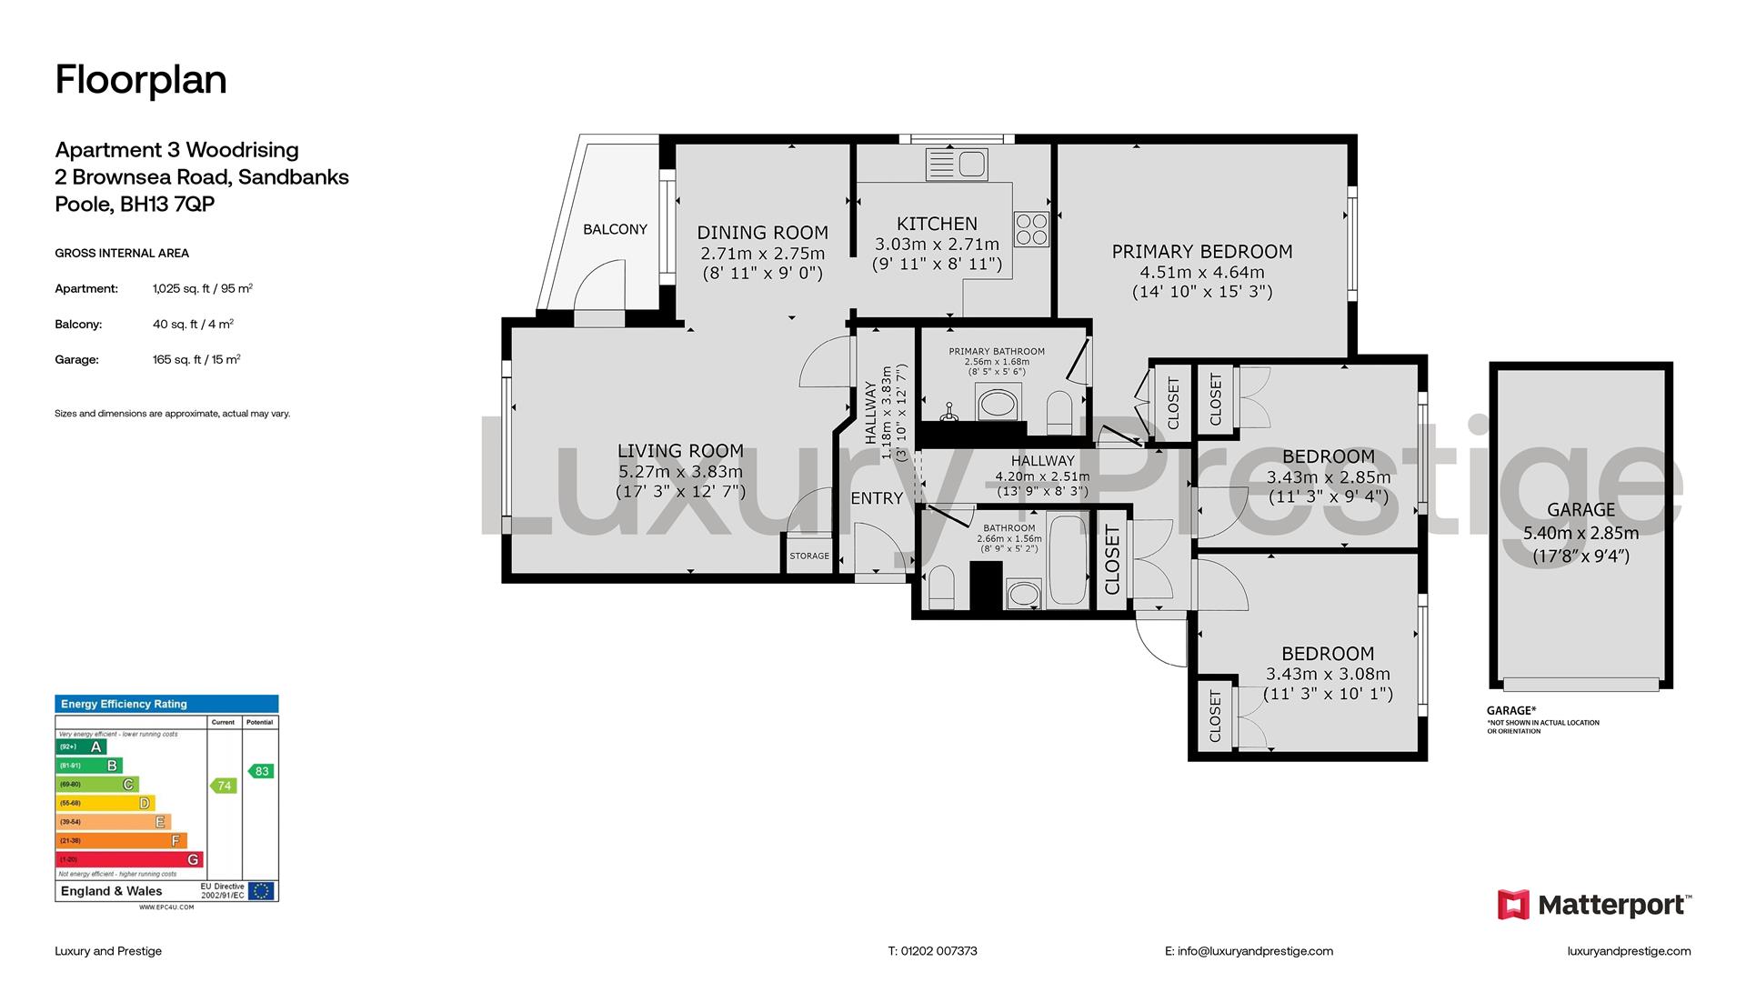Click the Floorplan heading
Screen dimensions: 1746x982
(x=141, y=80)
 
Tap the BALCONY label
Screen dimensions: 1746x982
(x=616, y=229)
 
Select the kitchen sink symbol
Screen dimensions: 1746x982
(x=956, y=165)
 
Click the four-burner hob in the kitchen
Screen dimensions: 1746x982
(x=1032, y=228)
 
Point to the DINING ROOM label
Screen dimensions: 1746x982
(x=763, y=233)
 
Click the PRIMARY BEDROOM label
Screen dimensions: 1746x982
(x=1202, y=252)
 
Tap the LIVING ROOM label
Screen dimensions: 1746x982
(x=680, y=451)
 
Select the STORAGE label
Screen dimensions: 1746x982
(x=809, y=556)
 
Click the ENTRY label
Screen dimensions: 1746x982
(x=877, y=498)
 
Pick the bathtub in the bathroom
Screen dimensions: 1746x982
(x=1069, y=559)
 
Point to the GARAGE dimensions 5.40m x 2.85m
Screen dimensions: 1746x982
(x=1581, y=534)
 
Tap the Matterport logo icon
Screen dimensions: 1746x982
(x=1514, y=905)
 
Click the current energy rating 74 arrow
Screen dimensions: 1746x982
(x=224, y=786)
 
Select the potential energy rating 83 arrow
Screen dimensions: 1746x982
(x=261, y=771)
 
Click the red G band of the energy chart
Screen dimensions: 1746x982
(x=129, y=859)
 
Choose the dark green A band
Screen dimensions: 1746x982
(x=81, y=747)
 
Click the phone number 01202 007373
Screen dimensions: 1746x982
(x=933, y=951)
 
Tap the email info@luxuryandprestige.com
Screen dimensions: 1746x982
(x=1249, y=951)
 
